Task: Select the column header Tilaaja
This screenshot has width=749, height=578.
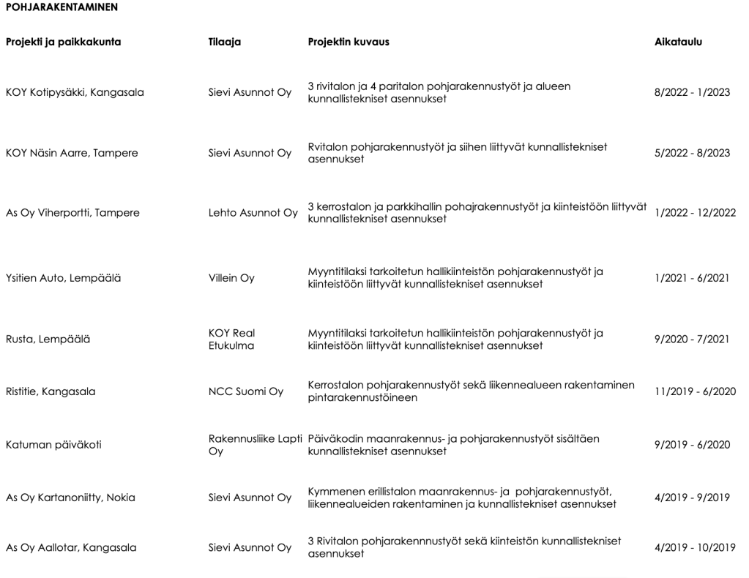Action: click(x=225, y=42)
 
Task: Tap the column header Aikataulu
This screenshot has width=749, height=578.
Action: click(x=678, y=42)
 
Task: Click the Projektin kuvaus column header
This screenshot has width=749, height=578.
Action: click(x=349, y=42)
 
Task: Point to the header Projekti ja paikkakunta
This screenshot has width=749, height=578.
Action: click(x=63, y=42)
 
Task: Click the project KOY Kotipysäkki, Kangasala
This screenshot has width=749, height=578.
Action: click(x=75, y=92)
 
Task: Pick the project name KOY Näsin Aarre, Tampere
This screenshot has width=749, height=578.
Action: click(x=72, y=153)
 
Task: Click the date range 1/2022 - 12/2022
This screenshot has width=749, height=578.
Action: click(x=692, y=213)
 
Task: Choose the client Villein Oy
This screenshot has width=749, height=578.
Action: click(x=231, y=278)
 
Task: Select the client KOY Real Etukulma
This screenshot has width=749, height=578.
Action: click(x=231, y=339)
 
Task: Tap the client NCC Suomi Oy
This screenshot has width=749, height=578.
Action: click(x=245, y=391)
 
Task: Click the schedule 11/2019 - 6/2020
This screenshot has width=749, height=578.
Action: click(x=695, y=391)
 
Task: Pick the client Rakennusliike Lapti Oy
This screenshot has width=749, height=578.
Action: click(x=253, y=444)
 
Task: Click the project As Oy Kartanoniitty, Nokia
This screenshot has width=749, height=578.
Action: click(x=70, y=498)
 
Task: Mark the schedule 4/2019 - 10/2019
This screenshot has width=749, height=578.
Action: click(x=695, y=547)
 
